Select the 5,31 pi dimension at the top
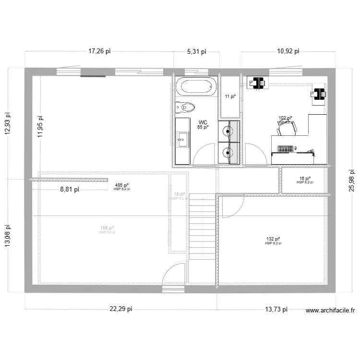[x=196, y=51]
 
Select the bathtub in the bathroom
[x=194, y=87]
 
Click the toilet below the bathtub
[x=185, y=107]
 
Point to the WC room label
[x=203, y=123]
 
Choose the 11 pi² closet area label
[x=230, y=96]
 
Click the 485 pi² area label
[x=121, y=185]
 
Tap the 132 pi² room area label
[x=273, y=239]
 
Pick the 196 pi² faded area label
[x=107, y=228]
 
